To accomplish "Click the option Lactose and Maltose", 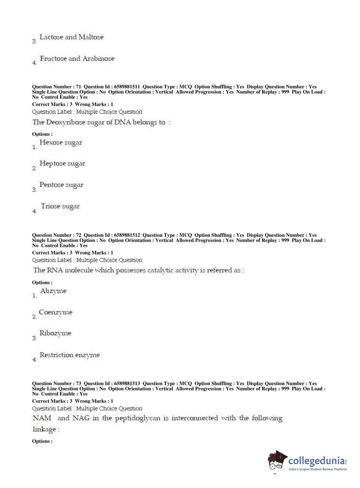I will point(71,37).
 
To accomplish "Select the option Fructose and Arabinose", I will point(77,59).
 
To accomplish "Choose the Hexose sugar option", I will point(60,143).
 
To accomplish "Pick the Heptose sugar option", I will point(62,164).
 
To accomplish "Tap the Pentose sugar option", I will point(61,185).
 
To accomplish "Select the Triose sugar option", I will point(60,206).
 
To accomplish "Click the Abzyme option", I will point(53,291).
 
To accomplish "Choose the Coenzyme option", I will point(55,312).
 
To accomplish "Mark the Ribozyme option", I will point(55,333).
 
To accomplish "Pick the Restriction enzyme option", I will point(69,355).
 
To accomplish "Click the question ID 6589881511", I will point(127,87).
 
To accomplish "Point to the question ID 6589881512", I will point(127,235).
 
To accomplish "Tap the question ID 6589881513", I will point(127,384).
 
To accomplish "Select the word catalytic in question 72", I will point(160,270).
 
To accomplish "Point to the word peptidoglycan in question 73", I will point(138,419).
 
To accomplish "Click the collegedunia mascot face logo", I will point(277,461).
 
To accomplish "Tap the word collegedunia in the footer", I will point(316,461).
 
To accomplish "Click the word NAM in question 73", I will point(42,418).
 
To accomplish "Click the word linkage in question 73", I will point(45,429).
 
